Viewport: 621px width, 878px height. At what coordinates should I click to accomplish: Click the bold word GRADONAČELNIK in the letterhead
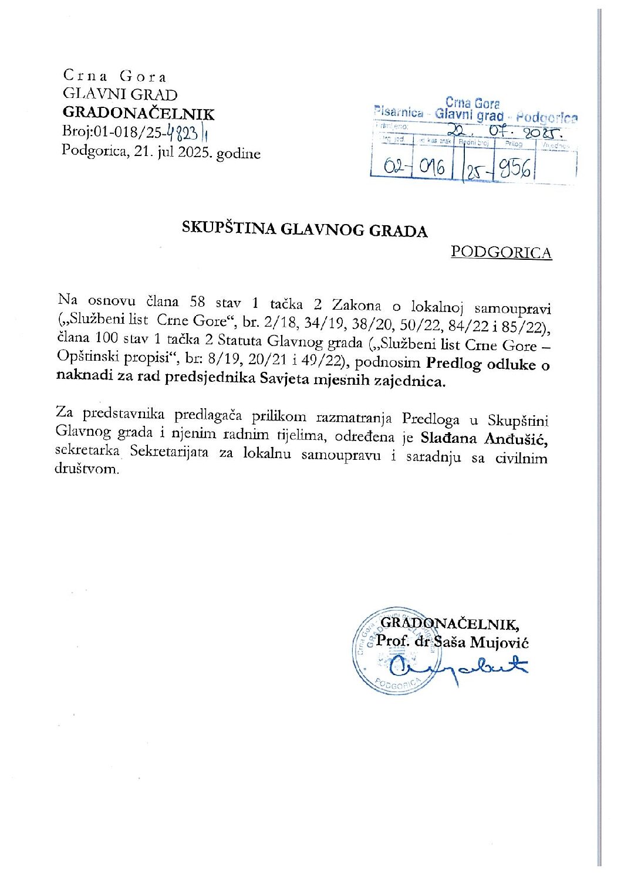[x=139, y=114]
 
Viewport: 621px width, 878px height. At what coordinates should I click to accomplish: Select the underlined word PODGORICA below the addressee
[x=501, y=252]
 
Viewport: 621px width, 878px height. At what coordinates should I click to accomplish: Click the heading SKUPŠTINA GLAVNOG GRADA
[x=304, y=229]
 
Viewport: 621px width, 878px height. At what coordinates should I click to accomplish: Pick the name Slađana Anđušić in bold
[x=484, y=438]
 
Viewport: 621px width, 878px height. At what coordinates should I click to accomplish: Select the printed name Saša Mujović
[x=481, y=642]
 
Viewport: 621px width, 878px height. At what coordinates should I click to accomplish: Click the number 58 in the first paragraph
[x=197, y=302]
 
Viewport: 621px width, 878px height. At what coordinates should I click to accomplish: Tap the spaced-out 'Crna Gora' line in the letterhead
[x=115, y=76]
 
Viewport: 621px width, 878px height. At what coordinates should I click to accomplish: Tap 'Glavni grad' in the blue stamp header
[x=469, y=115]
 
